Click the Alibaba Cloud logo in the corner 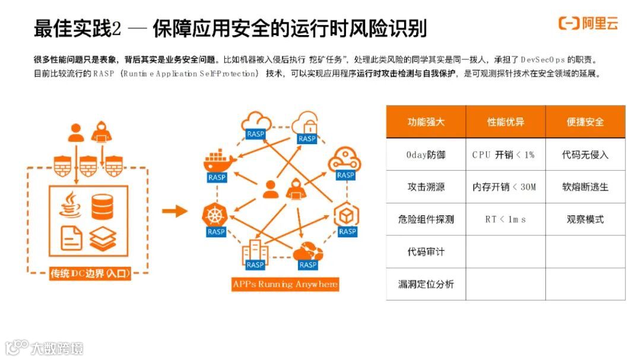coord(588,24)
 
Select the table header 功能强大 coord(426,122)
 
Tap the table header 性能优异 coord(506,122)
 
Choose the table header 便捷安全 coord(585,122)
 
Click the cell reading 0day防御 coord(426,155)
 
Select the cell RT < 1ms coord(505,219)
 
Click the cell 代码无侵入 coord(585,155)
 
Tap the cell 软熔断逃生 coord(585,187)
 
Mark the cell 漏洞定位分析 coord(426,284)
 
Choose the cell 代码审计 coord(426,252)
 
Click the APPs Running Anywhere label coord(285,284)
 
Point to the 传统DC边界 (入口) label coord(90,273)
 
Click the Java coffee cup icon coord(71,205)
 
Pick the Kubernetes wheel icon coord(215,214)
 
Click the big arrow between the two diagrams coord(174,211)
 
